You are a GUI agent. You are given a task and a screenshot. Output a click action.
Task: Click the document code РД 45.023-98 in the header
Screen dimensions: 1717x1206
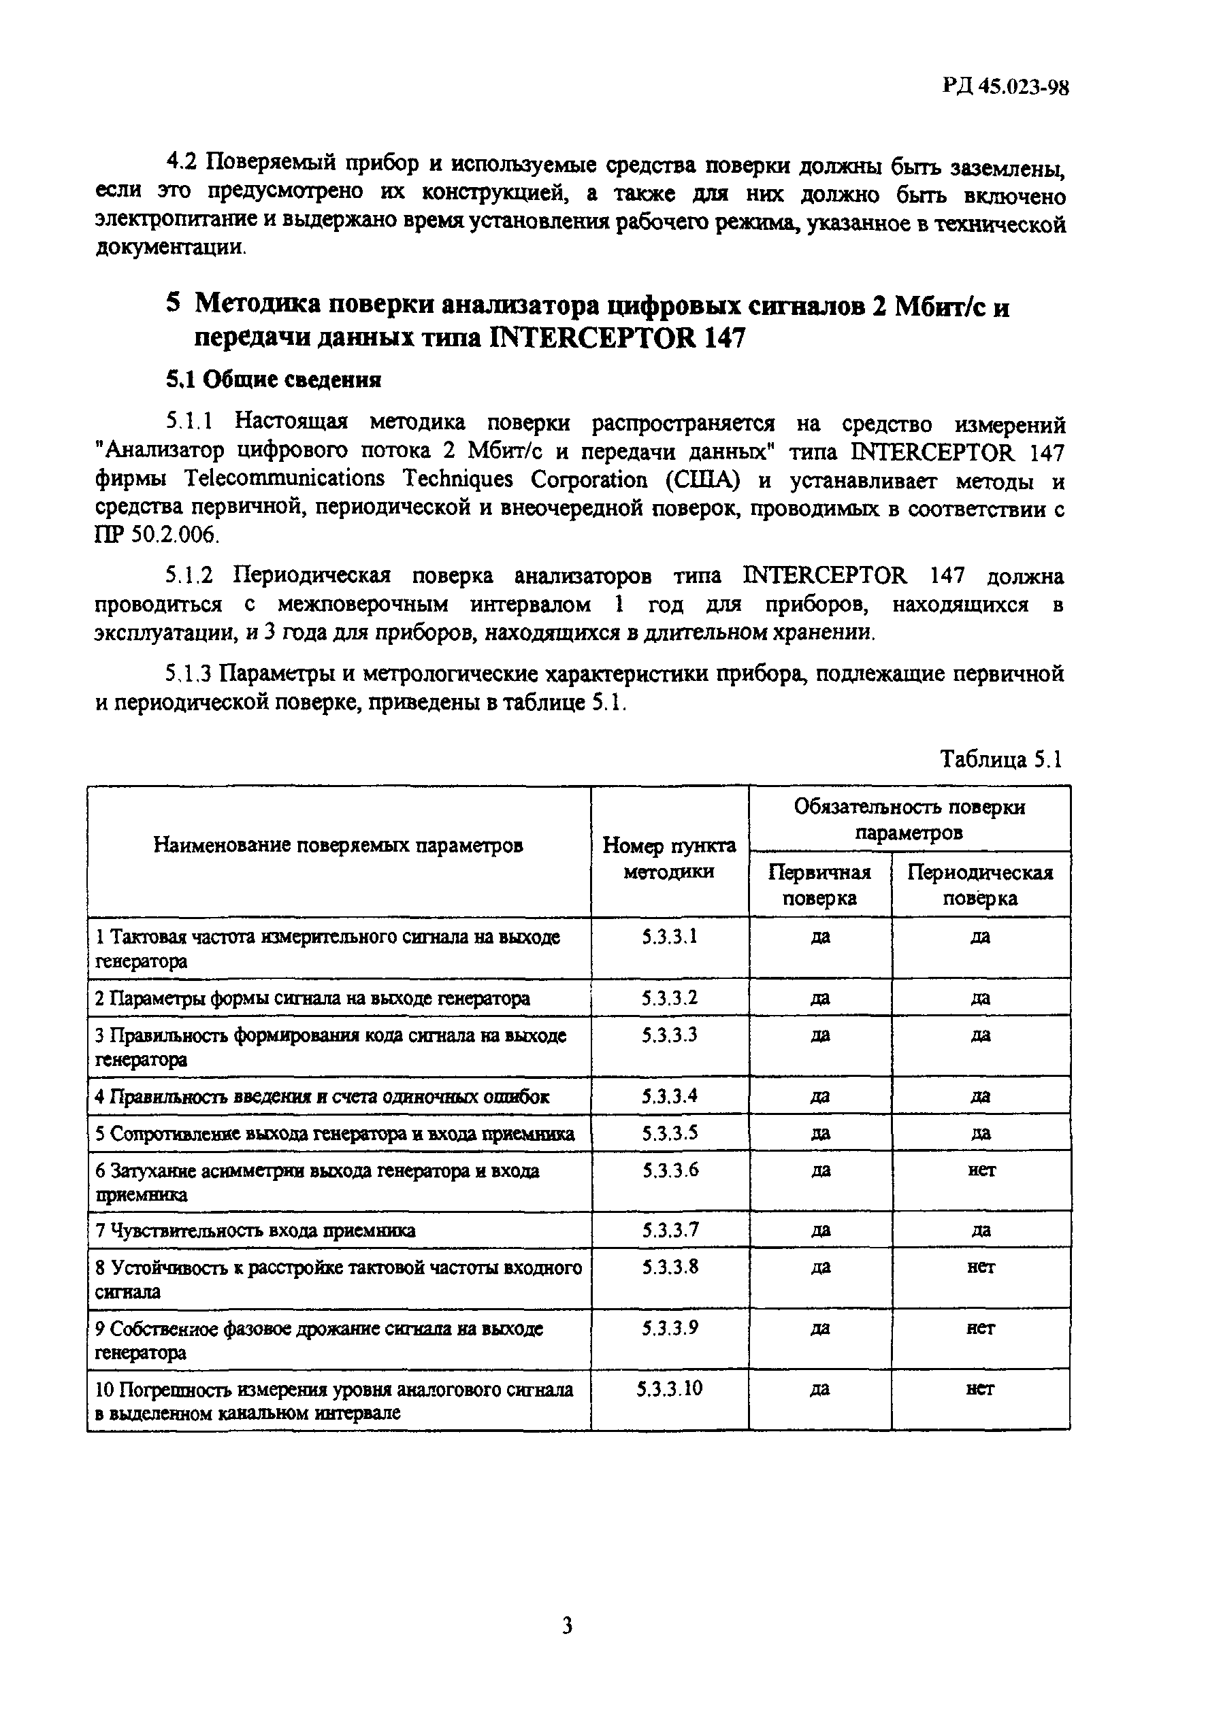click(1005, 88)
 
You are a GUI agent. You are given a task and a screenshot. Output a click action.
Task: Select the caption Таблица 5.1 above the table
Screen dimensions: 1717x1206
click(1000, 759)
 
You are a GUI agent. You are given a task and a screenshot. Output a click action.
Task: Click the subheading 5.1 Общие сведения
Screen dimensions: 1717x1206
click(273, 380)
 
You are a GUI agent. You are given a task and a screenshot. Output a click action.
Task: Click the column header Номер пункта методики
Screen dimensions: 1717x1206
click(670, 858)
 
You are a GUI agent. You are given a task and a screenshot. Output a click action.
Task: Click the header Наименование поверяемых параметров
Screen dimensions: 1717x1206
click(338, 845)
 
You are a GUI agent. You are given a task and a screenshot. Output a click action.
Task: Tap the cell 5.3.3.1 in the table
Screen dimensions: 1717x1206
click(670, 936)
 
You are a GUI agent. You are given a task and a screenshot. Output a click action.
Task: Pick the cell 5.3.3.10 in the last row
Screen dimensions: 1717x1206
click(670, 1388)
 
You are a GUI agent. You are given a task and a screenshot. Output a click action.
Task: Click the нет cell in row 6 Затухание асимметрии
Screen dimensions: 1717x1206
click(981, 1170)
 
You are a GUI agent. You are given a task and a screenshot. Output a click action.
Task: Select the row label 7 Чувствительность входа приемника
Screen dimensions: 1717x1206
click(256, 1231)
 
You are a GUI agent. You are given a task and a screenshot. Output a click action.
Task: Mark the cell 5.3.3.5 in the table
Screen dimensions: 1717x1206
click(670, 1133)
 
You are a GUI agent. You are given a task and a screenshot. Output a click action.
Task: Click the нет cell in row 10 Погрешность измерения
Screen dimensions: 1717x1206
click(981, 1388)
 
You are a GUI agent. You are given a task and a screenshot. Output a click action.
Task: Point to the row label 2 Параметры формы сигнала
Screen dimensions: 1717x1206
click(312, 999)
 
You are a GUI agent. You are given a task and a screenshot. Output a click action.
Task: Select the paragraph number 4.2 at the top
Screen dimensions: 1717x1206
click(182, 161)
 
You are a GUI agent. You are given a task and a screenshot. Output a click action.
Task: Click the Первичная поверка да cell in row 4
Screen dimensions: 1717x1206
click(820, 1097)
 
